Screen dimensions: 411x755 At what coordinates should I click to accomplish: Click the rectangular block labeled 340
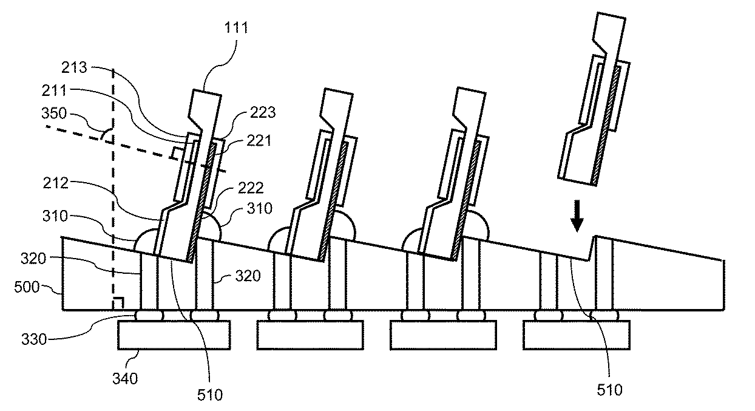[174, 335]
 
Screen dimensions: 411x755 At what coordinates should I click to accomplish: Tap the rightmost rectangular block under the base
[575, 335]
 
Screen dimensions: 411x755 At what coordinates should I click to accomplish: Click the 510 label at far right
[609, 389]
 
